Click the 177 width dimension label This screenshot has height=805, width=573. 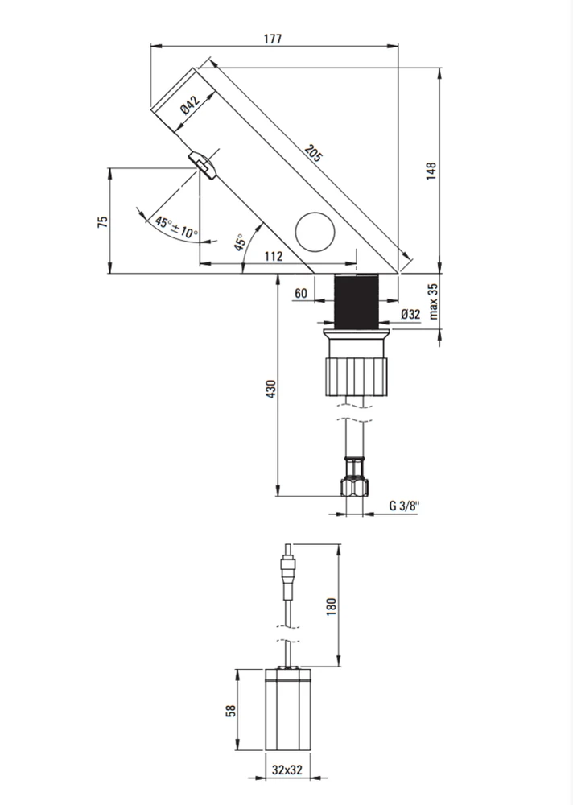pyautogui.click(x=273, y=39)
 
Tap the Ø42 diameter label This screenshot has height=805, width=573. pyautogui.click(x=191, y=105)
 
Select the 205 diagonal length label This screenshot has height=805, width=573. pyautogui.click(x=313, y=153)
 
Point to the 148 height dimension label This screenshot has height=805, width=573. pyautogui.click(x=431, y=171)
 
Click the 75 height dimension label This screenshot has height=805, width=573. pyautogui.click(x=103, y=222)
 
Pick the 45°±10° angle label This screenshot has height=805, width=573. pyautogui.click(x=176, y=228)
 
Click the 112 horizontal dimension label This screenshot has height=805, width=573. pyautogui.click(x=274, y=256)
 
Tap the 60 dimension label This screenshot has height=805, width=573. pyautogui.click(x=301, y=293)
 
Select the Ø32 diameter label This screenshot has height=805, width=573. pyautogui.click(x=410, y=314)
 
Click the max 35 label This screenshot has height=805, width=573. pyautogui.click(x=433, y=301)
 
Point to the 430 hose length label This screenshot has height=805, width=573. pyautogui.click(x=271, y=389)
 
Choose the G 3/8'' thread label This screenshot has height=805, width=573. pyautogui.click(x=404, y=506)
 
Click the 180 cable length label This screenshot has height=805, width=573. pyautogui.click(x=332, y=606)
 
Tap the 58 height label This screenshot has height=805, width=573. pyautogui.click(x=232, y=711)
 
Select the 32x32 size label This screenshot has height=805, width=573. pyautogui.click(x=287, y=770)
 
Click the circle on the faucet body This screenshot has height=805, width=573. pyautogui.click(x=315, y=232)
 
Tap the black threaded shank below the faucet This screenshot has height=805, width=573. pyautogui.click(x=357, y=301)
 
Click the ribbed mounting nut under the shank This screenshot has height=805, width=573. pyautogui.click(x=356, y=377)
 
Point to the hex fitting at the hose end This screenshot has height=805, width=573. pyautogui.click(x=354, y=487)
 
